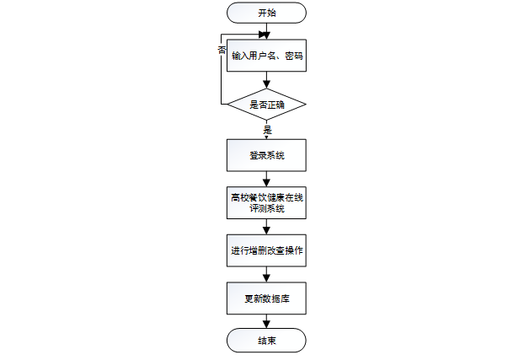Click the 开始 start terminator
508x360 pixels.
click(266, 13)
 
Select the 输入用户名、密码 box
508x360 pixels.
click(266, 56)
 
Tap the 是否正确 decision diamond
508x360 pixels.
click(266, 105)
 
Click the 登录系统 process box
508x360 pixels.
click(266, 155)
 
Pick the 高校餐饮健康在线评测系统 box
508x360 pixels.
click(266, 202)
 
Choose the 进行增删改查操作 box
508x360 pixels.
click(266, 250)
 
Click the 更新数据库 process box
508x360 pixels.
click(266, 298)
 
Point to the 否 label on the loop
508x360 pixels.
click(222, 51)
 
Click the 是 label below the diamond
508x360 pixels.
click(267, 130)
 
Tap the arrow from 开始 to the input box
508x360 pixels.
click(266, 32)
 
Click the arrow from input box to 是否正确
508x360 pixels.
click(266, 81)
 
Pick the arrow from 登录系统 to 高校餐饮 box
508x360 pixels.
click(266, 179)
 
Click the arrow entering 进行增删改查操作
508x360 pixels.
click(266, 227)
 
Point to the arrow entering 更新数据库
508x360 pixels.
click(266, 275)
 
